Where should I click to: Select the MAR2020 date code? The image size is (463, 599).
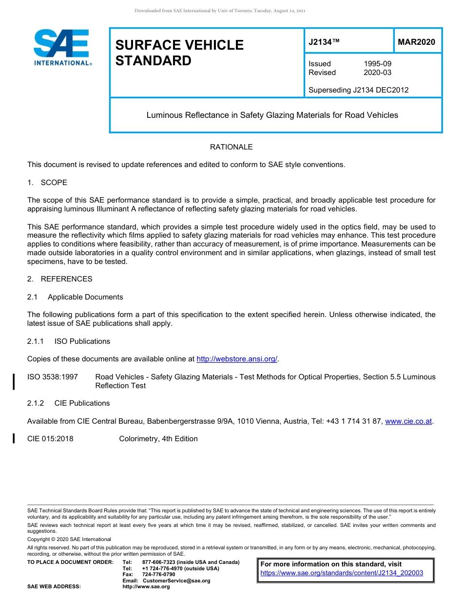(416, 42)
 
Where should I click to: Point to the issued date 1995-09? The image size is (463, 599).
(377, 64)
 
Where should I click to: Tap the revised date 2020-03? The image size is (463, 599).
(377, 73)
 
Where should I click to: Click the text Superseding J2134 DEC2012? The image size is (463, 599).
(358, 90)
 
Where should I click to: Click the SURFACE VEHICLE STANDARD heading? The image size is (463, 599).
(179, 53)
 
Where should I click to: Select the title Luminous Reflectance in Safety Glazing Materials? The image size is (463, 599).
(272, 115)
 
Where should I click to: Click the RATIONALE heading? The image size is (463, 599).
(231, 147)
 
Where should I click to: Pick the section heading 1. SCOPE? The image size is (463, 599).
(47, 183)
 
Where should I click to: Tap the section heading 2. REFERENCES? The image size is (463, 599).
(59, 279)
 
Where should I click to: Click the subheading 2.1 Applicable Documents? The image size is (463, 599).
(75, 297)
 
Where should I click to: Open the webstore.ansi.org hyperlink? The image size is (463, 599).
(236, 359)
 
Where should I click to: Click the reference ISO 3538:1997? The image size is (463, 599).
(53, 377)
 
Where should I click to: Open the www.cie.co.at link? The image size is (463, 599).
(408, 421)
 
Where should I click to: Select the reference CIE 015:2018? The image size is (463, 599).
(50, 439)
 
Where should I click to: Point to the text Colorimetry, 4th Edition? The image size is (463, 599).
(158, 439)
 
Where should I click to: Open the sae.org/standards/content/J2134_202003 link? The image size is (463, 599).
(342, 573)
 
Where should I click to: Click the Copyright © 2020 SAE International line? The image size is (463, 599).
(69, 539)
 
